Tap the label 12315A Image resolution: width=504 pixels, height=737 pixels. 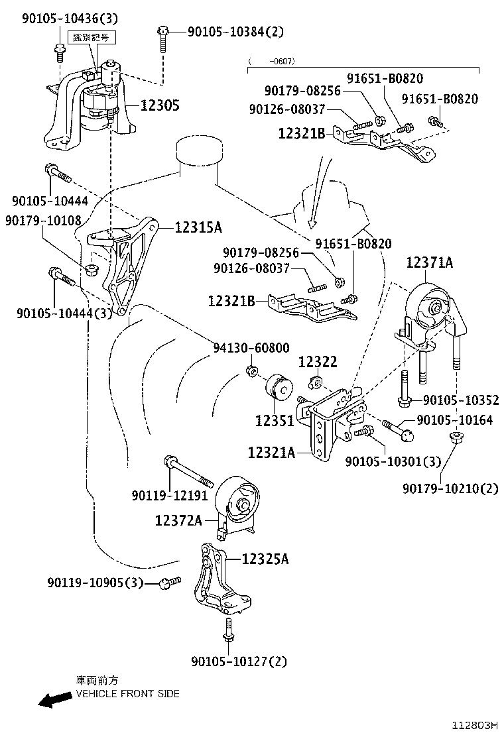(x=198, y=227)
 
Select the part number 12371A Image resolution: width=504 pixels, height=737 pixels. (x=430, y=263)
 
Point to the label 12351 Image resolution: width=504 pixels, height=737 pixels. (x=275, y=420)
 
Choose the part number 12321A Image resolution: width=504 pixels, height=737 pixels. (x=271, y=453)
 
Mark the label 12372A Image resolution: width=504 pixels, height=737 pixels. (x=178, y=521)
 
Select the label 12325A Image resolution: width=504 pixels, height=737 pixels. (x=265, y=559)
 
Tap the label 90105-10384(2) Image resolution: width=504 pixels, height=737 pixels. (x=235, y=30)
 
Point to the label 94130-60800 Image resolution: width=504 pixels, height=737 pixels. (x=251, y=347)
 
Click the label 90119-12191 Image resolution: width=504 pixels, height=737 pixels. (x=170, y=495)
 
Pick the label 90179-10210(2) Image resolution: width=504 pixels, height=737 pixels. (x=450, y=488)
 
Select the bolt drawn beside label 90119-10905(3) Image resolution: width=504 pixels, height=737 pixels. (x=169, y=583)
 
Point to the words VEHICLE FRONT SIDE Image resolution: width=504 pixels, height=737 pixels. (x=127, y=694)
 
